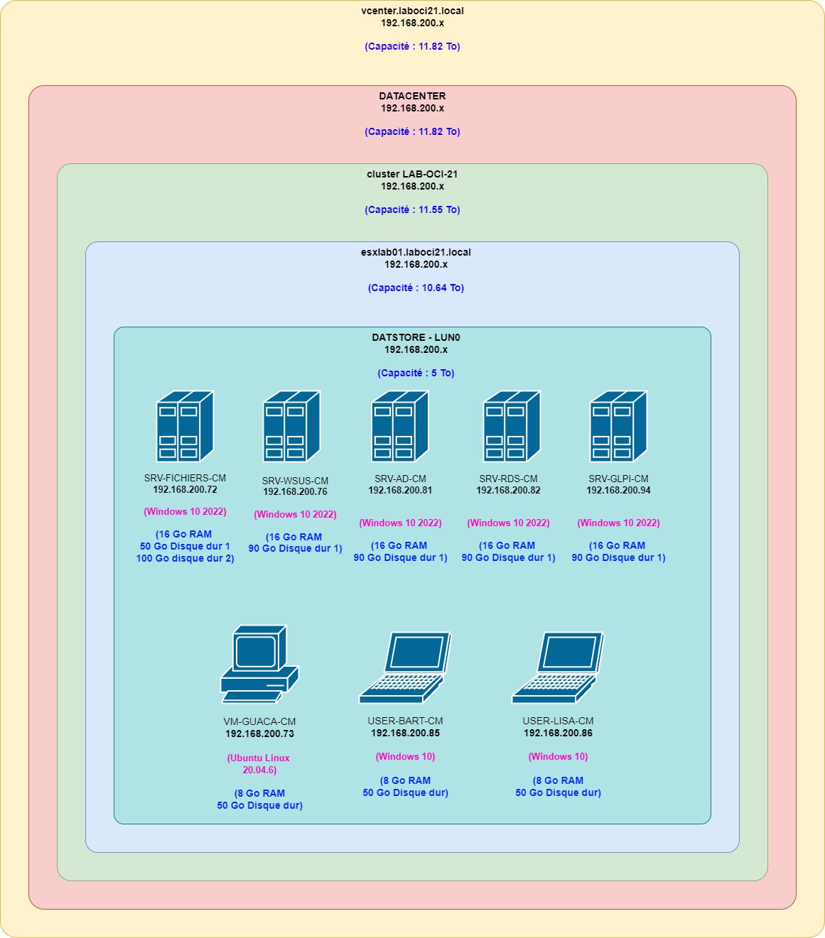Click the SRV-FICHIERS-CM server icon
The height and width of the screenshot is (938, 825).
click(185, 426)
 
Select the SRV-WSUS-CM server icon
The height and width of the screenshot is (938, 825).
click(291, 426)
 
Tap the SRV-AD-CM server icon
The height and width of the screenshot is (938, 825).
click(400, 426)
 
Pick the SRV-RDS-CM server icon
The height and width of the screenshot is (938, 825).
click(512, 426)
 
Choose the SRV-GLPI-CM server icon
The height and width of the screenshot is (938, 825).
click(618, 426)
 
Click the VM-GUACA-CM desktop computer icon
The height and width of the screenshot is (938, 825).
click(259, 664)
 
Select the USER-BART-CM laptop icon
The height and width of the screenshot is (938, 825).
click(405, 667)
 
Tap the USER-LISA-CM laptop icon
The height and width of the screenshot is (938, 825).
click(558, 667)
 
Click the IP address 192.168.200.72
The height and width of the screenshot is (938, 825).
click(185, 490)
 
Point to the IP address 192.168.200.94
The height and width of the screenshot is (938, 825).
click(618, 491)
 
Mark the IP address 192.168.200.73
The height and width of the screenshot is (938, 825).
click(259, 734)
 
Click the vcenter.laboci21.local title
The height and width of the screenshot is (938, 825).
click(412, 11)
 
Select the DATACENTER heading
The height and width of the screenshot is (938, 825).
click(412, 96)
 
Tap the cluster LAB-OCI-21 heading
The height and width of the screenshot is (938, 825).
click(412, 174)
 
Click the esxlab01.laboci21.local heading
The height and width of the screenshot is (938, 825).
click(416, 252)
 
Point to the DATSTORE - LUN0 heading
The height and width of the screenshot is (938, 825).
click(416, 337)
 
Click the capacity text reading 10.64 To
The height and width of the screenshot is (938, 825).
click(416, 288)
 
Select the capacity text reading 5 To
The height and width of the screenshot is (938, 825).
click(416, 373)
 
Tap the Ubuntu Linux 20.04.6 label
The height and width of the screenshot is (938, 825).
click(259, 764)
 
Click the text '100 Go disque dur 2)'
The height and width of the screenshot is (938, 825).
click(185, 559)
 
